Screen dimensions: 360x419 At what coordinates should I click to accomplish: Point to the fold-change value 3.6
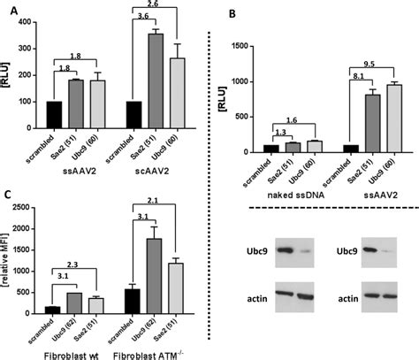coord(142,18)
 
